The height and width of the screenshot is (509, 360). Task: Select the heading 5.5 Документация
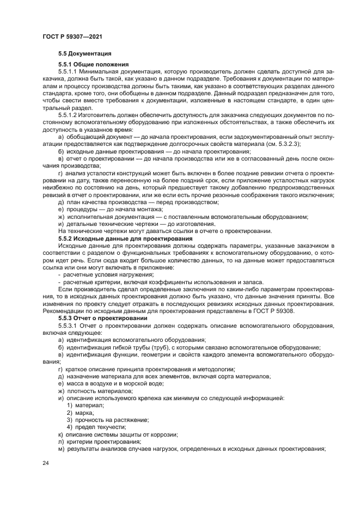(85, 54)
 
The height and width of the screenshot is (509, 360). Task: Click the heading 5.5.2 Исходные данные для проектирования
(125, 238)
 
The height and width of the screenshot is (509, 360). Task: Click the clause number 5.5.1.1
(69, 71)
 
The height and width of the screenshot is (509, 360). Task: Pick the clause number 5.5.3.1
(69, 325)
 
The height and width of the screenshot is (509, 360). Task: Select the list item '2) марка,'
(81, 413)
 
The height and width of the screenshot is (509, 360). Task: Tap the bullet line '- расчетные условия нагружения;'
(100, 275)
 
